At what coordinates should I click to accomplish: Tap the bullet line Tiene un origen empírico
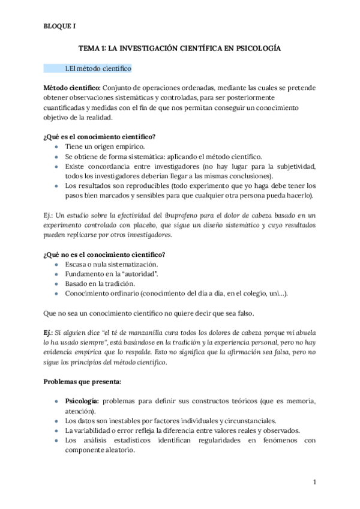coord(104,146)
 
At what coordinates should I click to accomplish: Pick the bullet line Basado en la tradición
coord(101,283)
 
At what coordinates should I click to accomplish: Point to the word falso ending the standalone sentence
coord(245,313)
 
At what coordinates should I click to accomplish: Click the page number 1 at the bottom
coord(314,482)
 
